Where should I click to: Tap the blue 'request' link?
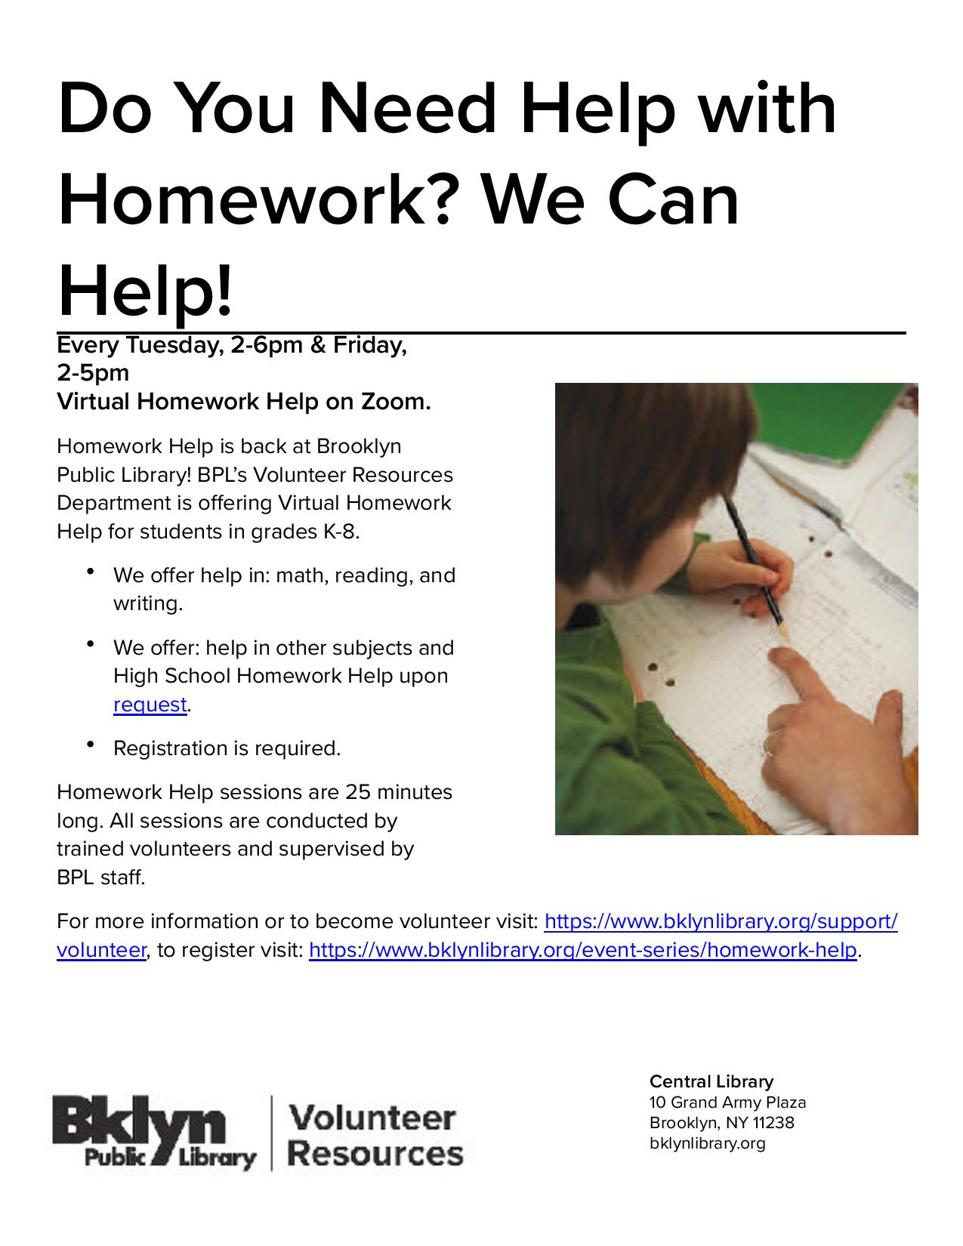150,705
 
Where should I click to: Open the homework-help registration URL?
583,949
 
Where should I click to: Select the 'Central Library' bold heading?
711,1081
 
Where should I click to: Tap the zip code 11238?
773,1122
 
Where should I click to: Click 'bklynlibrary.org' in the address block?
707,1143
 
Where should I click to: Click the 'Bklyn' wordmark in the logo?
139,1124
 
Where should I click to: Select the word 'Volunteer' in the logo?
372,1118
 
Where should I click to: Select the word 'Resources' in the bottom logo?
376,1154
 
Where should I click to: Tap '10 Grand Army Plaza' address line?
727,1102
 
